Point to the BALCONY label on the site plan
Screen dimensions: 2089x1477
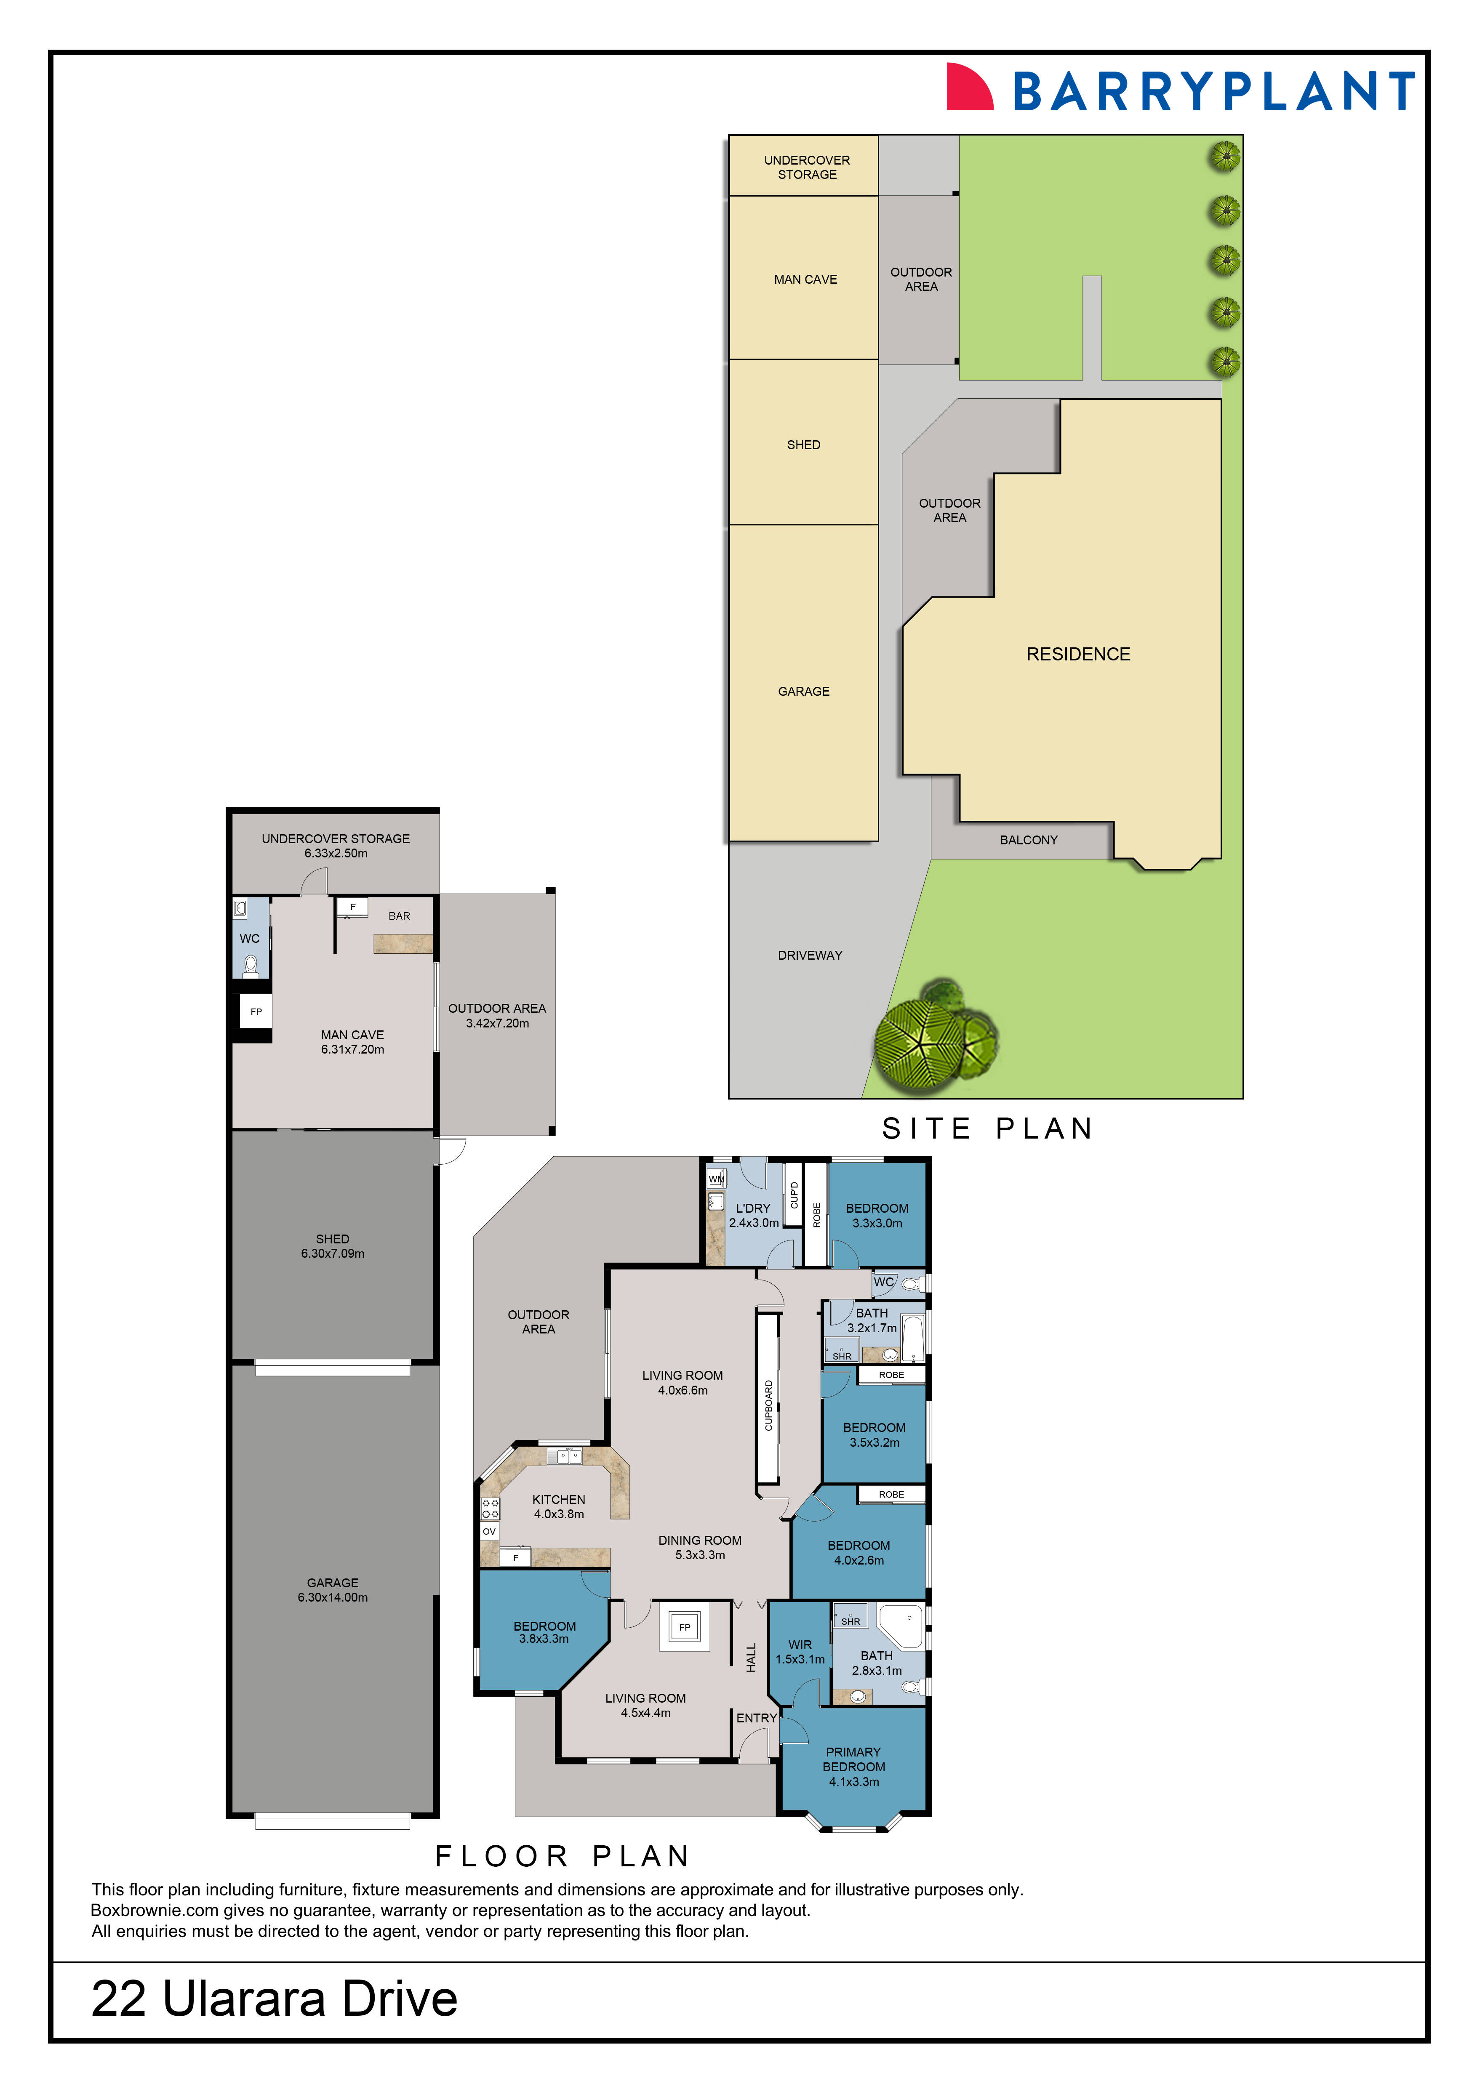coord(1028,840)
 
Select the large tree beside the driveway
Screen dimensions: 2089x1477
coord(919,1042)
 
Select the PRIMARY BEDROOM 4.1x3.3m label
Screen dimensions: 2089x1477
coord(853,1767)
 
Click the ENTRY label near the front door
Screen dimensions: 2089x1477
coord(756,1718)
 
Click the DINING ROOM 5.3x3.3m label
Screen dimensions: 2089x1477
coord(700,1548)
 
